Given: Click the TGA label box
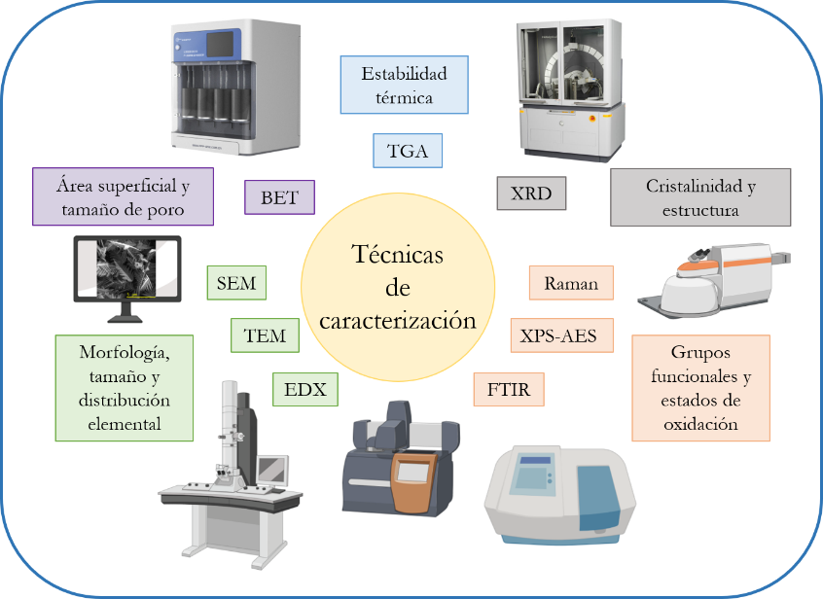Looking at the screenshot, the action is click(408, 151).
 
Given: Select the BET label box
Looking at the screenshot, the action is click(280, 197).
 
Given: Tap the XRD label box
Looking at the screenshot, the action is click(531, 194).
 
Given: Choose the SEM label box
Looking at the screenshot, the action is click(236, 283).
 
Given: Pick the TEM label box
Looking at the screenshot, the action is click(265, 335).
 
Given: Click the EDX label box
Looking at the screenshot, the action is click(304, 389).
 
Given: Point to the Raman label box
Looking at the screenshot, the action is click(571, 283).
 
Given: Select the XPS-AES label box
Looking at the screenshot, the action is click(561, 335).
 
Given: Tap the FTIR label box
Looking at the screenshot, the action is click(509, 389).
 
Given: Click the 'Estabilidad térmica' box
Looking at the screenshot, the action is click(404, 85).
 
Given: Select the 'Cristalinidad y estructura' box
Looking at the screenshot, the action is click(700, 197).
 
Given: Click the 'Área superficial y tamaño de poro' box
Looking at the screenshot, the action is click(123, 196).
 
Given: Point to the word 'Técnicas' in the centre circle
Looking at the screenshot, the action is click(397, 254).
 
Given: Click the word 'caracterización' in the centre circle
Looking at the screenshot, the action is click(397, 320).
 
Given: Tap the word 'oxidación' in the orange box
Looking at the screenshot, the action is click(700, 423).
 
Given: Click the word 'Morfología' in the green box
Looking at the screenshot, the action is click(125, 352).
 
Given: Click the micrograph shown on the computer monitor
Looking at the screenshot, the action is click(126, 268).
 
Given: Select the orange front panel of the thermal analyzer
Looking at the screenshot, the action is click(414, 483).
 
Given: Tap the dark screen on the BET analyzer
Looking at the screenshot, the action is click(220, 44).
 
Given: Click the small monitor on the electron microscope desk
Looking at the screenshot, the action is click(272, 470).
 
